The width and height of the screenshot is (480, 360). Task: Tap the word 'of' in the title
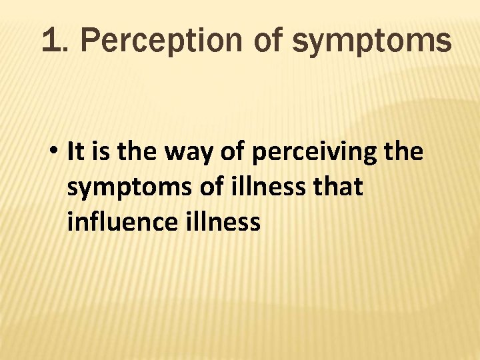coord(269,41)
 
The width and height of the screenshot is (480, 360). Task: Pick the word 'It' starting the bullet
coord(75,153)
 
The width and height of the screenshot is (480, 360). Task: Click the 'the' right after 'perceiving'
coord(403,153)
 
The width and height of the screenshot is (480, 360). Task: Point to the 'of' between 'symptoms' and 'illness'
coord(209,187)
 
